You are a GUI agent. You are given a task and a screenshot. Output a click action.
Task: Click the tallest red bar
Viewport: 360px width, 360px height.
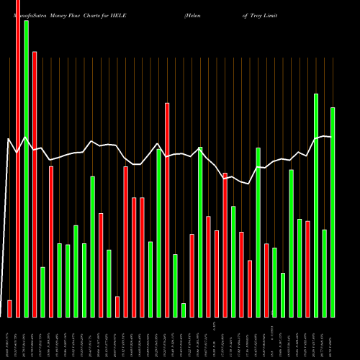(x=18, y=158)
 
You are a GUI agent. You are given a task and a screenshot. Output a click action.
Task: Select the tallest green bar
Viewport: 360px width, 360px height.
(x=27, y=168)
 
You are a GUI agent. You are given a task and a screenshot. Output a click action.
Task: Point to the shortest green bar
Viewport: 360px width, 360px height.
(x=184, y=310)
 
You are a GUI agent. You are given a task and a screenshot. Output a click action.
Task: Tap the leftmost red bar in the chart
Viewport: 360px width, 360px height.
(x=10, y=308)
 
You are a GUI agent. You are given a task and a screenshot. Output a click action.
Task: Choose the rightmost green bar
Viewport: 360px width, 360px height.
(x=333, y=212)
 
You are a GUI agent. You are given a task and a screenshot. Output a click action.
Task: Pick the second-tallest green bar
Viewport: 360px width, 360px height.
(x=316, y=205)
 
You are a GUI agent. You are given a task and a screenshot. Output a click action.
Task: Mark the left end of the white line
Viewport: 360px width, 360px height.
(x=7, y=139)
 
